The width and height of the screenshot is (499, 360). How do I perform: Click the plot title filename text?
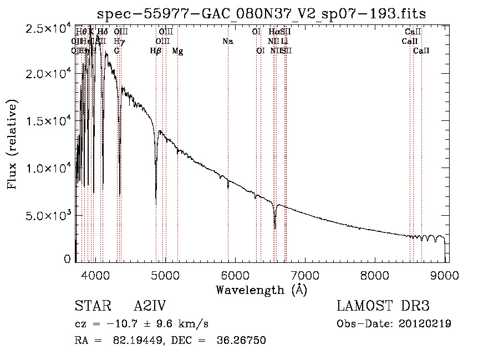click(x=261, y=14)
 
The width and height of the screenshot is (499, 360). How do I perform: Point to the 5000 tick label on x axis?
click(x=165, y=275)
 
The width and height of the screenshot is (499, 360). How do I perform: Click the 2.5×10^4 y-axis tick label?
click(x=48, y=28)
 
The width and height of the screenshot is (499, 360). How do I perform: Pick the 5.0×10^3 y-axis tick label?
click(x=48, y=215)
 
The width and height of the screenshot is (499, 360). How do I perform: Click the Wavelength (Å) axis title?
click(x=261, y=290)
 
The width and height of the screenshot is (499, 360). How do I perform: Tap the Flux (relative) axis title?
click(x=12, y=144)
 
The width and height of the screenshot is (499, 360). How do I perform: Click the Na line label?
click(x=227, y=41)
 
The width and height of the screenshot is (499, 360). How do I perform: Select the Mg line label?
click(x=178, y=51)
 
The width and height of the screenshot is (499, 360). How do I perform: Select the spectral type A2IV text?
click(x=150, y=306)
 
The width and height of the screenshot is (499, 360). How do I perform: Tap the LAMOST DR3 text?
click(x=383, y=306)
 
